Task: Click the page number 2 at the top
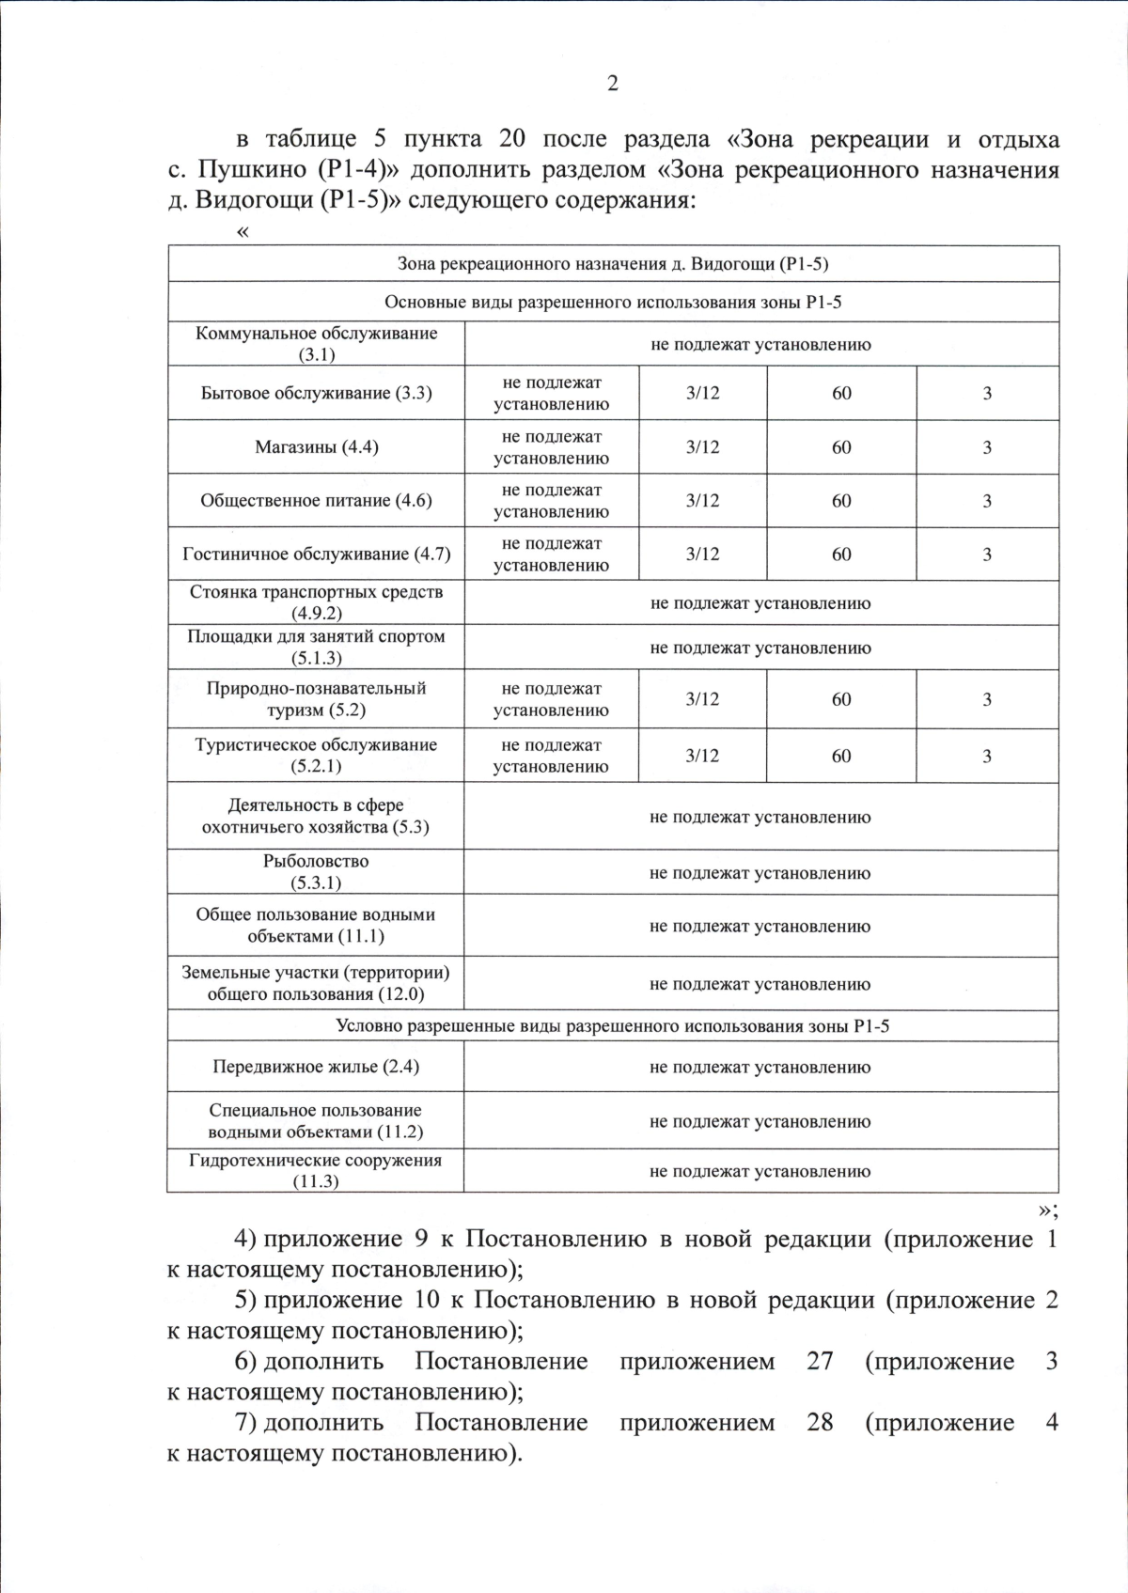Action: point(613,85)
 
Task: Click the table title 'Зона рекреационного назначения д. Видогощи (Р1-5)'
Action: point(613,264)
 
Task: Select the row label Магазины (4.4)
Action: point(317,447)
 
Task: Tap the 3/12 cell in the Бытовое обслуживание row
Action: point(702,393)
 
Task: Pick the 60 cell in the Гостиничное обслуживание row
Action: point(841,554)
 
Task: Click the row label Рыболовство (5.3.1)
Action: point(316,872)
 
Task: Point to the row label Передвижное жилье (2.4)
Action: point(316,1067)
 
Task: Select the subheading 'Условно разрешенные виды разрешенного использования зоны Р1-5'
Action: point(613,1026)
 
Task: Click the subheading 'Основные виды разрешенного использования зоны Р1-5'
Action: point(613,303)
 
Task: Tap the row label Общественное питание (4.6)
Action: point(316,501)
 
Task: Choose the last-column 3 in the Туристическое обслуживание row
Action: point(987,756)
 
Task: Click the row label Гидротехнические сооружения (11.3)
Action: point(316,1171)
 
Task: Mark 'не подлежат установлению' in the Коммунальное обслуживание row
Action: point(760,344)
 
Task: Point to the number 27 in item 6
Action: point(820,1362)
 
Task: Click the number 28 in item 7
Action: point(820,1423)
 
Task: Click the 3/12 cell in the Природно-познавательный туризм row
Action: point(702,699)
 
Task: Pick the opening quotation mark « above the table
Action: point(244,232)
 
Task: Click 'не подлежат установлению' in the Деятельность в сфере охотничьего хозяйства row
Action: point(760,817)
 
